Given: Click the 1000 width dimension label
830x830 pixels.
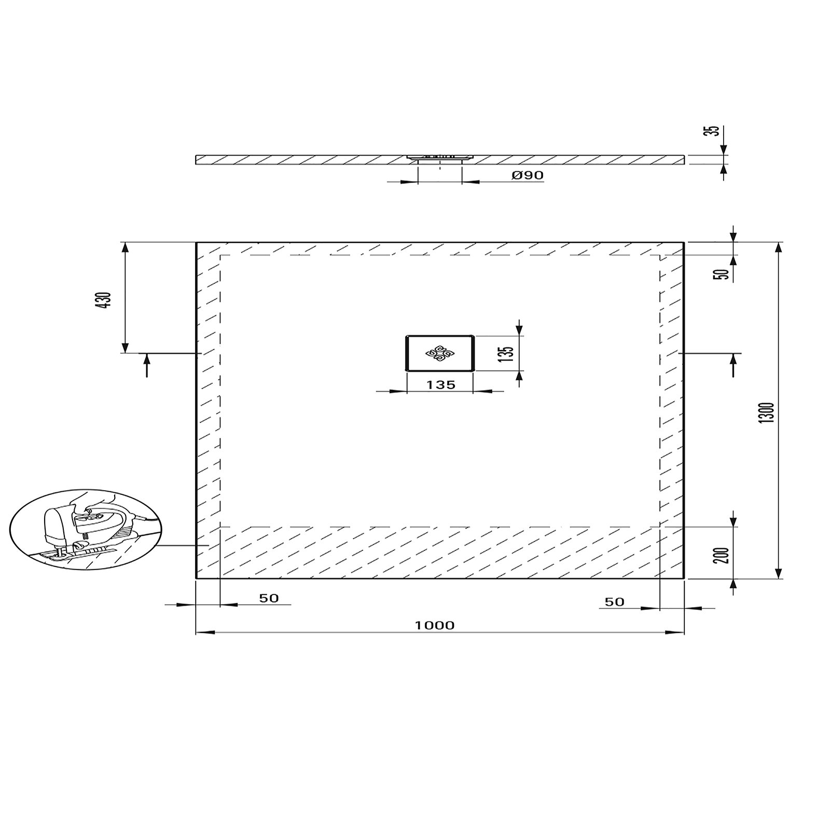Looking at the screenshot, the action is pyautogui.click(x=435, y=626).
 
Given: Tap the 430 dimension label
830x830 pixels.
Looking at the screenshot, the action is pyautogui.click(x=105, y=300).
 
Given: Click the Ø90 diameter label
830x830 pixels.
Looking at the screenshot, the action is pyautogui.click(x=528, y=175).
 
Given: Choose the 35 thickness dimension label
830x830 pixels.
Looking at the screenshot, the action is pyautogui.click(x=715, y=131).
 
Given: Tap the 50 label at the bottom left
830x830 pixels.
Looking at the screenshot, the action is pyautogui.click(x=269, y=598).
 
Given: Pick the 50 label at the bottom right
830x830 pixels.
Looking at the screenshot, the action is pyautogui.click(x=614, y=602).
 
